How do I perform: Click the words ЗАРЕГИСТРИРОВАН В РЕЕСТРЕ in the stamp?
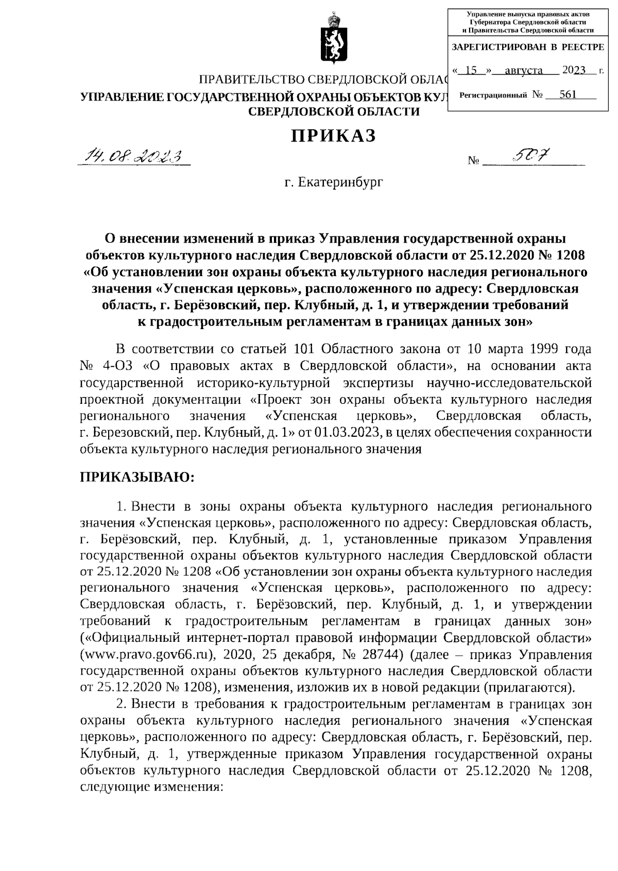coord(527,47)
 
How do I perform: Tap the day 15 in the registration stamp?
coord(470,71)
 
